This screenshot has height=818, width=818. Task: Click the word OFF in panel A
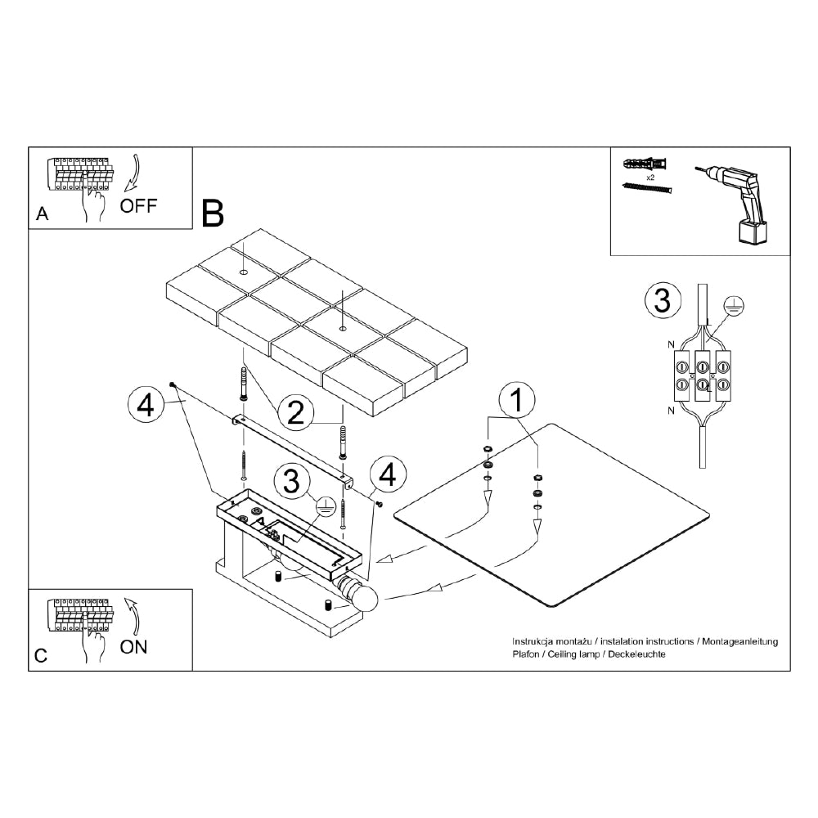click(x=138, y=206)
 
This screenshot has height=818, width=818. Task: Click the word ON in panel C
click(x=133, y=647)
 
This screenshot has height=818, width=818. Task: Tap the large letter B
click(x=213, y=213)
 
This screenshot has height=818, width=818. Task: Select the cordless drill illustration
click(x=733, y=204)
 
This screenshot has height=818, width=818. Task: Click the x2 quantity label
click(x=650, y=178)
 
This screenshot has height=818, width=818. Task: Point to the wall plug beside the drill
click(x=645, y=164)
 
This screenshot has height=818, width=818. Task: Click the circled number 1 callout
click(x=517, y=401)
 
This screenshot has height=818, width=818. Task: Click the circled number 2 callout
click(x=296, y=412)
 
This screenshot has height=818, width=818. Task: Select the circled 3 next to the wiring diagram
click(x=663, y=301)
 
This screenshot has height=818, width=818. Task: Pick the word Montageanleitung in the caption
click(x=739, y=641)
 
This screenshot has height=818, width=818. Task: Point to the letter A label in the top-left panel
click(x=43, y=213)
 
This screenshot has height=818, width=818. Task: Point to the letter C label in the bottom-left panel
click(x=41, y=656)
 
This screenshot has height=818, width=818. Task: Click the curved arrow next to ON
click(x=133, y=616)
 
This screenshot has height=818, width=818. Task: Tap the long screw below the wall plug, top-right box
click(x=647, y=187)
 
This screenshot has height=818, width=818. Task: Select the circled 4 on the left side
click(x=146, y=405)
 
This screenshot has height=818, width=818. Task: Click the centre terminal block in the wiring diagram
click(x=702, y=375)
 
